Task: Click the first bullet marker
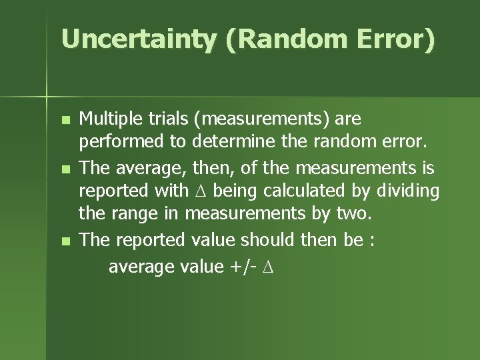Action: (x=64, y=121)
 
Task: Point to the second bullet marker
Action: (x=64, y=170)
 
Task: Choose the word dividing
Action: (x=407, y=192)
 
